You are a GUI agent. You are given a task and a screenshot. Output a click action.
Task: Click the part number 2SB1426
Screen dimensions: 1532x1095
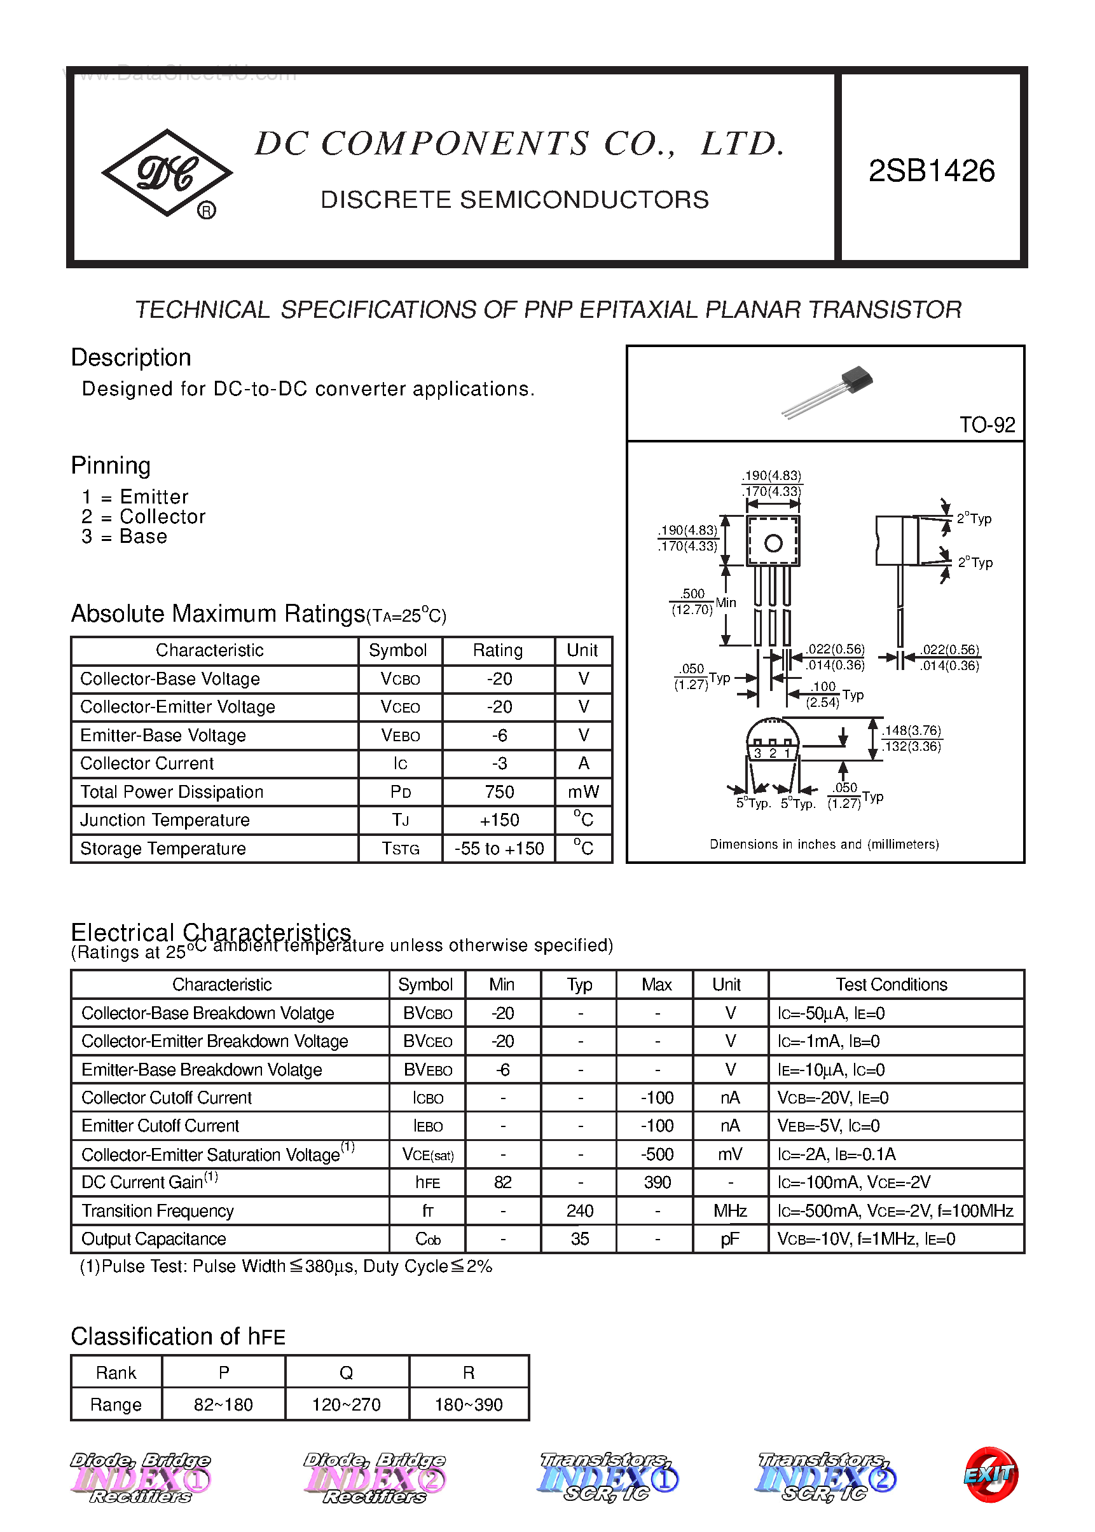pos(931,171)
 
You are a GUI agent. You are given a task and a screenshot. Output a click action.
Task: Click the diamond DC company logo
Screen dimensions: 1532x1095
pos(167,173)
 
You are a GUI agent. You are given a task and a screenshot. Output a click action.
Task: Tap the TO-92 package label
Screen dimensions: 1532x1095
pos(986,425)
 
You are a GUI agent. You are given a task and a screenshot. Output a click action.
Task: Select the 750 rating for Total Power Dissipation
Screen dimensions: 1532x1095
pos(499,792)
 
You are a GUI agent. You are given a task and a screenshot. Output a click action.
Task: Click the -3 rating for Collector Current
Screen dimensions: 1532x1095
pos(499,763)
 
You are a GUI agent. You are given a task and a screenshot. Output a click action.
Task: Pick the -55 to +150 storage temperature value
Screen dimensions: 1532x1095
pos(499,849)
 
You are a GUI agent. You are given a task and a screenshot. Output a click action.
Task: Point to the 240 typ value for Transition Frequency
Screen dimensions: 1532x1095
pos(579,1211)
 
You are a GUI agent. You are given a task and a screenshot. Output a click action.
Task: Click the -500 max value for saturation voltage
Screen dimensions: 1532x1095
pos(657,1154)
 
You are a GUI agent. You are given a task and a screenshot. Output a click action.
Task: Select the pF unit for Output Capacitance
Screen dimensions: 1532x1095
pos(730,1240)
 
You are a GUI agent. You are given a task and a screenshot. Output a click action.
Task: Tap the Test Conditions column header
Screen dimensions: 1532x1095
pos(892,985)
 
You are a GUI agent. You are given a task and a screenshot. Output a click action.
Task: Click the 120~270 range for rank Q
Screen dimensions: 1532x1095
pos(346,1405)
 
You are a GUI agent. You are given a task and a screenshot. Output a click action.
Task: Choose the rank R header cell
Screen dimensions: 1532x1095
pos(469,1373)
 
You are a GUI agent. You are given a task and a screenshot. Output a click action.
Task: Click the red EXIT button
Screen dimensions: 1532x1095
pos(990,1475)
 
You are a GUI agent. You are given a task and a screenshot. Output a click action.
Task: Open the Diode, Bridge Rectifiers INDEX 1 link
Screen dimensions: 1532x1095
pos(141,1477)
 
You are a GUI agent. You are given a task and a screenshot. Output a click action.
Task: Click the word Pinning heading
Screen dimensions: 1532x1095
pos(111,466)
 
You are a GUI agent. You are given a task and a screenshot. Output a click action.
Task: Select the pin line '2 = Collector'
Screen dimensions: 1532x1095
pos(143,517)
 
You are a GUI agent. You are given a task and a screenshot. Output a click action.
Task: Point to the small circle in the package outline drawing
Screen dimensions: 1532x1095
pos(773,543)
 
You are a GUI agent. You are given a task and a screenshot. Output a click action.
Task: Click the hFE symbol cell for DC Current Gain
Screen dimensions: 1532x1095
pos(427,1183)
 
